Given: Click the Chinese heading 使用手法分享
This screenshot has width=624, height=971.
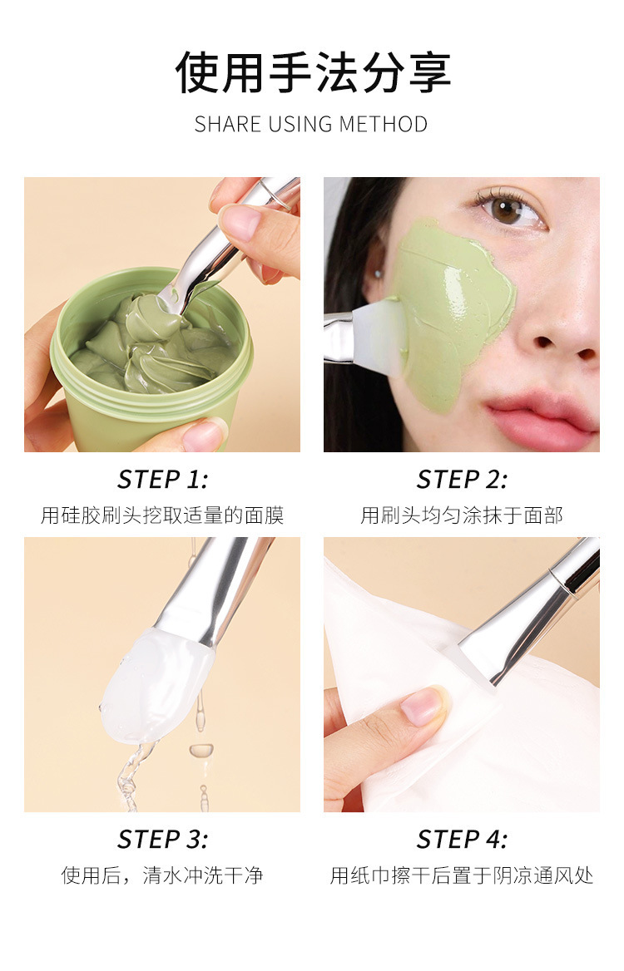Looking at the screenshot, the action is tap(312, 72).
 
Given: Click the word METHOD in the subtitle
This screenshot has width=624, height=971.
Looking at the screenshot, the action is tap(383, 125).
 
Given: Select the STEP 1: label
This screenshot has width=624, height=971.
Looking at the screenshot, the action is tap(162, 480).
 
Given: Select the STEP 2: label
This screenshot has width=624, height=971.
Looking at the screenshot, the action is tap(462, 480).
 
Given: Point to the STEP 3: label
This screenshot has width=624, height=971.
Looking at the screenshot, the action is tap(162, 839).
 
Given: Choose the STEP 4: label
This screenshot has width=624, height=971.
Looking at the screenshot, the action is tap(462, 839).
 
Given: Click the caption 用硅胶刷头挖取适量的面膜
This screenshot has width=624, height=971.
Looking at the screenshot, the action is tap(162, 515).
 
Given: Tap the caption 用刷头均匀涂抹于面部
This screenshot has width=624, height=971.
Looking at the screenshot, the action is tap(462, 515).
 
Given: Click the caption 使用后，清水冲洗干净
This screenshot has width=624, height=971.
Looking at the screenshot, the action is tap(162, 875).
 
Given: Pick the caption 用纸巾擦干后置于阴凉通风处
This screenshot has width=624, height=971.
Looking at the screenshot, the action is tap(462, 875).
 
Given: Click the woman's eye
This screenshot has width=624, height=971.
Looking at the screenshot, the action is tap(508, 209).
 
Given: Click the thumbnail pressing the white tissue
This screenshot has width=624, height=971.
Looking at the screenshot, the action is tap(423, 706).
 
